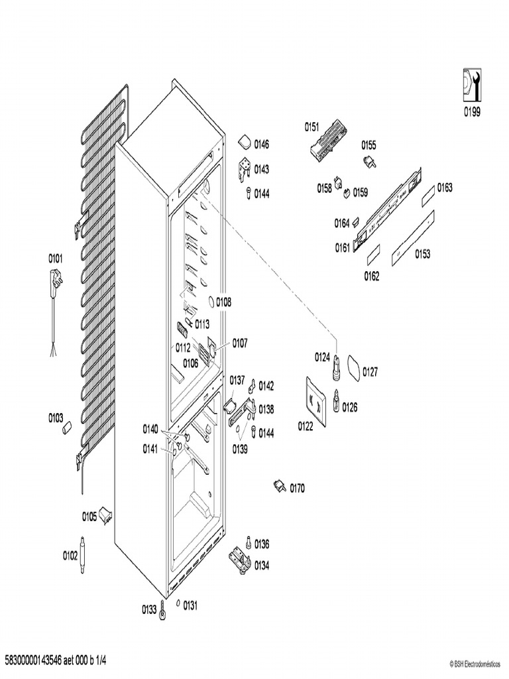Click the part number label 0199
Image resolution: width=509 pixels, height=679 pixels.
[x=472, y=112]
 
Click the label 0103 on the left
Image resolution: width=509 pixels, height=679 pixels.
[x=56, y=418]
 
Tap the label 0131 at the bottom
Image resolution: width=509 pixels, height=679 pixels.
[x=191, y=605]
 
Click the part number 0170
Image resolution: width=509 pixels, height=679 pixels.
[x=297, y=489]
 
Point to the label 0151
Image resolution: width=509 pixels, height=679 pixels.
[x=311, y=126]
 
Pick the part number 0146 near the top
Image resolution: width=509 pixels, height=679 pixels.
[x=262, y=145]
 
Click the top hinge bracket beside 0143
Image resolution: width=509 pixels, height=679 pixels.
[x=244, y=168]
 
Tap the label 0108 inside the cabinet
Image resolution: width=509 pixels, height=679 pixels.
[x=223, y=302]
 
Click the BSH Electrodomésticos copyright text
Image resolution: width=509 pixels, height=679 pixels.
[x=477, y=663]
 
